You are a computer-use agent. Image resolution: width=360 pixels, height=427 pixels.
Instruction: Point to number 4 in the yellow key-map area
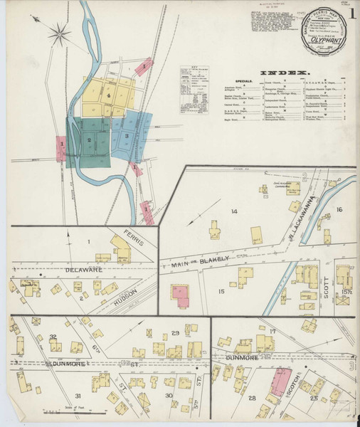[109, 95]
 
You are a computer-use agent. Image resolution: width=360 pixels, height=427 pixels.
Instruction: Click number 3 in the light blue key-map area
[126, 135]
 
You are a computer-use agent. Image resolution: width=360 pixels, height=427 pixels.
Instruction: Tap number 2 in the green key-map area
[89, 141]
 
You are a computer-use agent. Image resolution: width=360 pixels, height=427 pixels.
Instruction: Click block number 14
[233, 211]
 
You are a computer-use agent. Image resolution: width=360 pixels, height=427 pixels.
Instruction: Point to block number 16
[339, 209]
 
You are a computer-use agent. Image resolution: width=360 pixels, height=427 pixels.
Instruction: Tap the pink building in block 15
[179, 297]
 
